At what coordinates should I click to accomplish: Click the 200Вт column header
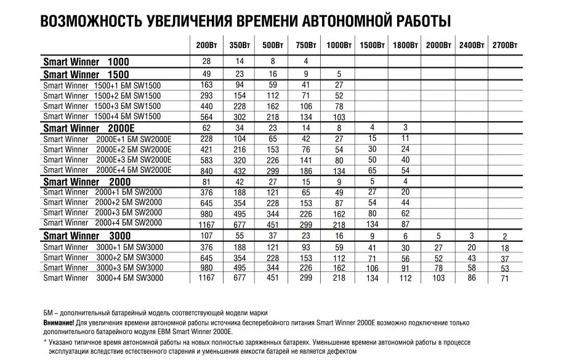pyautogui.click(x=206, y=46)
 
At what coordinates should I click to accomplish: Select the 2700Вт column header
pyautogui.click(x=504, y=46)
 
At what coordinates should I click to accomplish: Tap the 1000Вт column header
pyautogui.click(x=339, y=46)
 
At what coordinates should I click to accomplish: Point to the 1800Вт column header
pyautogui.click(x=405, y=46)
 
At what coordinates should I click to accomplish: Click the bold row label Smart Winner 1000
pyautogui.click(x=86, y=62)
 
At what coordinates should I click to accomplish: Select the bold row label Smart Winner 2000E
pyautogui.click(x=89, y=128)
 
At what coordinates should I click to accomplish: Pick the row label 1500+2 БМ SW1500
pyautogui.click(x=102, y=95)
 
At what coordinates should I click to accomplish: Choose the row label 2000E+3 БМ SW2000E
pyautogui.click(x=107, y=159)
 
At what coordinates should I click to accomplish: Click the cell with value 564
pyautogui.click(x=206, y=118)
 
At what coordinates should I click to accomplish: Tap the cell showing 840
pyautogui.click(x=206, y=171)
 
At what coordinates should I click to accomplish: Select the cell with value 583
pyautogui.click(x=206, y=160)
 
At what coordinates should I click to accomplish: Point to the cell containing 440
pyautogui.click(x=206, y=106)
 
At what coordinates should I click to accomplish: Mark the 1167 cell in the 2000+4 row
pyautogui.click(x=206, y=225)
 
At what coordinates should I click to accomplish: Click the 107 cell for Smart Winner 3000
pyautogui.click(x=206, y=236)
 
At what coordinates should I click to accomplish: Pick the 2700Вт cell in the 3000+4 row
pyautogui.click(x=505, y=279)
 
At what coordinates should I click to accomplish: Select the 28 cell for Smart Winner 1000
pyautogui.click(x=206, y=62)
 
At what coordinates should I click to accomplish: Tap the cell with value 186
pyautogui.click(x=306, y=171)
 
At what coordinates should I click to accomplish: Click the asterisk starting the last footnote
pyautogui.click(x=46, y=342)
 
